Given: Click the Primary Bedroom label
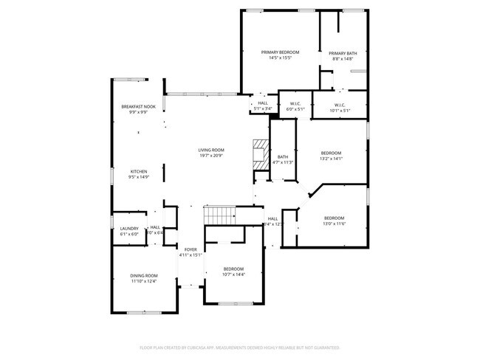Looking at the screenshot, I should (x=281, y=52).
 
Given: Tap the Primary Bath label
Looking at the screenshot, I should (x=343, y=53).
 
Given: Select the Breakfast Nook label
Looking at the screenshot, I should (x=138, y=107).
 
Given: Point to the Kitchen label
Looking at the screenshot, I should (x=139, y=171).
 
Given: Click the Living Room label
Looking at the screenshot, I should (x=211, y=150).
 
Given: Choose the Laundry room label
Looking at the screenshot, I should (x=129, y=229).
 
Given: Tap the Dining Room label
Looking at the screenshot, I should (x=144, y=275).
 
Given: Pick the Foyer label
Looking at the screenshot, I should (x=191, y=250).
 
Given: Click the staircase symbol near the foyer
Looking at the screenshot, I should (x=220, y=215).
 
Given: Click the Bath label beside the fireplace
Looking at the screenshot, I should (x=283, y=156).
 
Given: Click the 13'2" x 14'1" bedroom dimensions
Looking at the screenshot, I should (x=331, y=159).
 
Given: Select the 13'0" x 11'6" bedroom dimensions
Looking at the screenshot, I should (x=334, y=224).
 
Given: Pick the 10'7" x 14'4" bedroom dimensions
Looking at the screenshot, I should (x=233, y=274).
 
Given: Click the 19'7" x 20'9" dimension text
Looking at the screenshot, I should (x=211, y=156).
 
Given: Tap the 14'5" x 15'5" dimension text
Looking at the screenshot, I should (x=281, y=58).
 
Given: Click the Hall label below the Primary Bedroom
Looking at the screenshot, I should (x=263, y=103).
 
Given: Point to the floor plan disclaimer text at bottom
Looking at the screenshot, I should (x=239, y=347).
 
